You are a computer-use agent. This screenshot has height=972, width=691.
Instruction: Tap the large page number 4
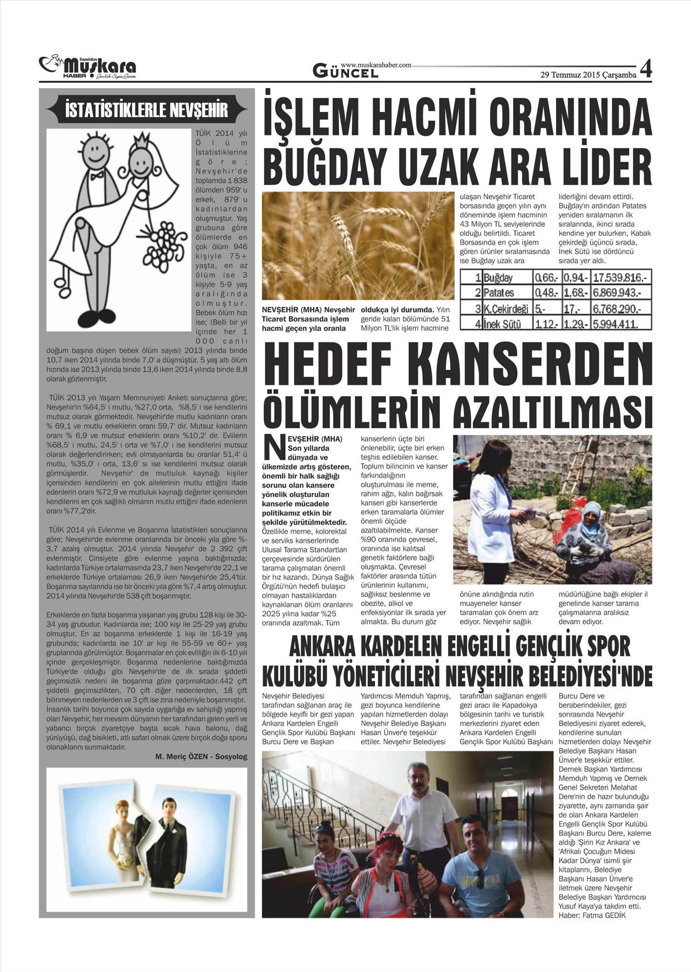point(645,69)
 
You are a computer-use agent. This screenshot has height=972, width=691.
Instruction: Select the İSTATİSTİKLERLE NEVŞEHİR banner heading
point(146,111)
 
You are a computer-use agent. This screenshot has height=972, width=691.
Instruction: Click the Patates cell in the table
point(499,293)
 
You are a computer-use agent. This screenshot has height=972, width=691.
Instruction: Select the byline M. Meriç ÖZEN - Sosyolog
point(201,756)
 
